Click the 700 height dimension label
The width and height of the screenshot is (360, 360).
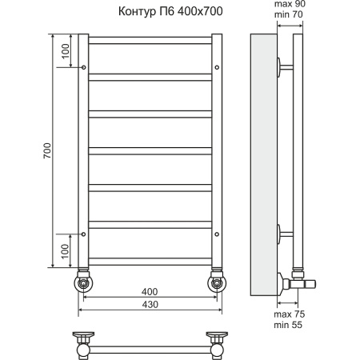47,150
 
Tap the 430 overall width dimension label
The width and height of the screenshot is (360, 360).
149,306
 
